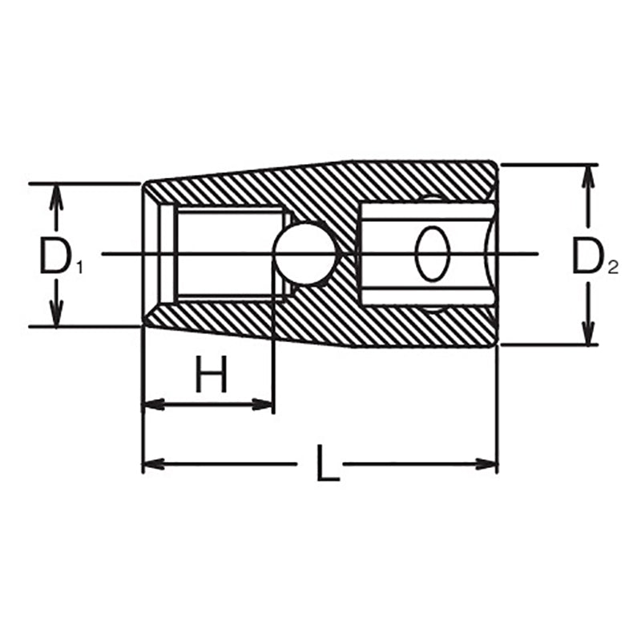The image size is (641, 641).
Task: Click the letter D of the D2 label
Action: [587, 256]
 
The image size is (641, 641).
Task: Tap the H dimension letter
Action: [212, 374]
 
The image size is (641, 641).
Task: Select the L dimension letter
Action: [327, 462]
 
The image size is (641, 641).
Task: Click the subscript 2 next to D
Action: [613, 268]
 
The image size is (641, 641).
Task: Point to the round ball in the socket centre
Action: [304, 255]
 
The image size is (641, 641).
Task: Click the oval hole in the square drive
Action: [431, 254]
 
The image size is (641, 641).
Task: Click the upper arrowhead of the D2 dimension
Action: [589, 175]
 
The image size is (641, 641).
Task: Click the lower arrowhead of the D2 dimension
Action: [589, 335]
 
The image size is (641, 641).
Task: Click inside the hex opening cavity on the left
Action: [228, 255]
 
